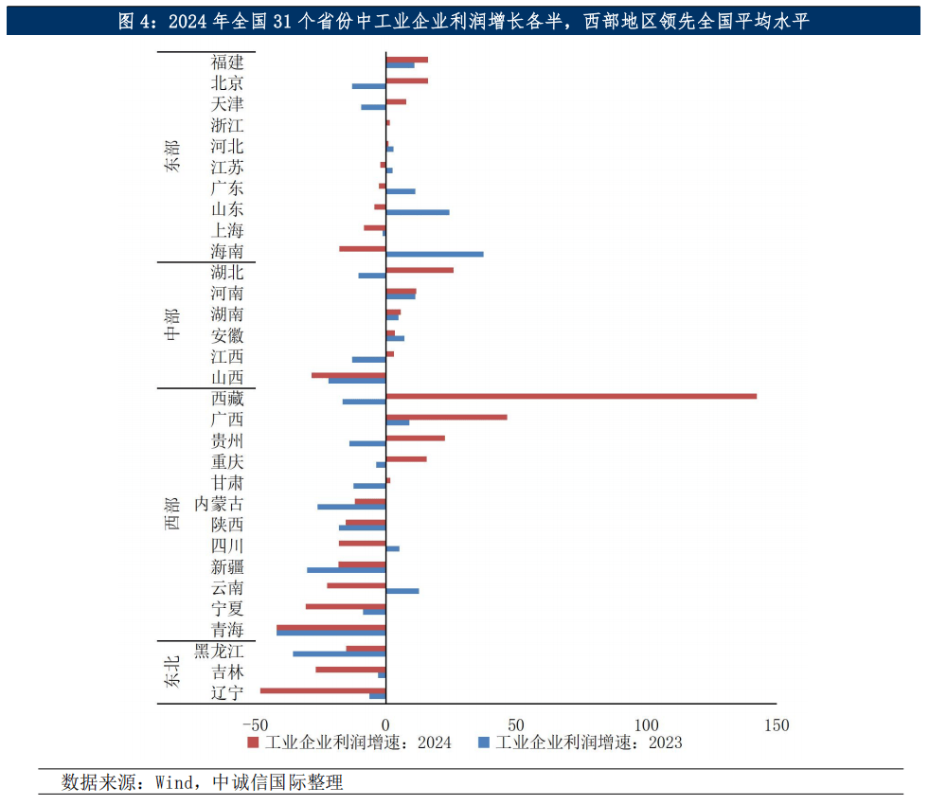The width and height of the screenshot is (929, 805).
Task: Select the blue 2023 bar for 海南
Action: (x=435, y=254)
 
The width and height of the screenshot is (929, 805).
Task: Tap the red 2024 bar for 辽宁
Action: (x=323, y=690)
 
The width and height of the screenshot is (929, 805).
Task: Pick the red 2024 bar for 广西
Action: (x=446, y=417)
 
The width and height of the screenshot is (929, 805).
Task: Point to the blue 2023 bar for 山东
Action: (x=418, y=212)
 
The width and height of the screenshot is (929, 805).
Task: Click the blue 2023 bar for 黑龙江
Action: (x=339, y=653)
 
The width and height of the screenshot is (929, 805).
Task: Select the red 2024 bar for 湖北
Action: (x=420, y=270)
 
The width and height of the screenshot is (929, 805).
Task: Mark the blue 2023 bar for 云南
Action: (x=402, y=591)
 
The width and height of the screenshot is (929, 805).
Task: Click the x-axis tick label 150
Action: (x=776, y=725)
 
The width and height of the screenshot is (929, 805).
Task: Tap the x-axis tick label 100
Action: (x=646, y=725)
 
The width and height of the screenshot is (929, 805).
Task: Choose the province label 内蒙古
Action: (x=219, y=504)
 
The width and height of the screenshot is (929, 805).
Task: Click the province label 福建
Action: (x=227, y=63)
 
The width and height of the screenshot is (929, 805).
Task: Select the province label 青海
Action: (x=227, y=630)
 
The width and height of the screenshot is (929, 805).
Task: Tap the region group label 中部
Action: (x=171, y=325)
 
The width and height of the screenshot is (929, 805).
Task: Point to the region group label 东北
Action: (x=171, y=671)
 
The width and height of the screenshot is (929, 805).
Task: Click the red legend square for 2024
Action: (x=253, y=742)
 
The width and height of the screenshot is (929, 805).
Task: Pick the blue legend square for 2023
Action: (x=483, y=742)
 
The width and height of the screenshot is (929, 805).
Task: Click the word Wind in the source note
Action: (x=173, y=782)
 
